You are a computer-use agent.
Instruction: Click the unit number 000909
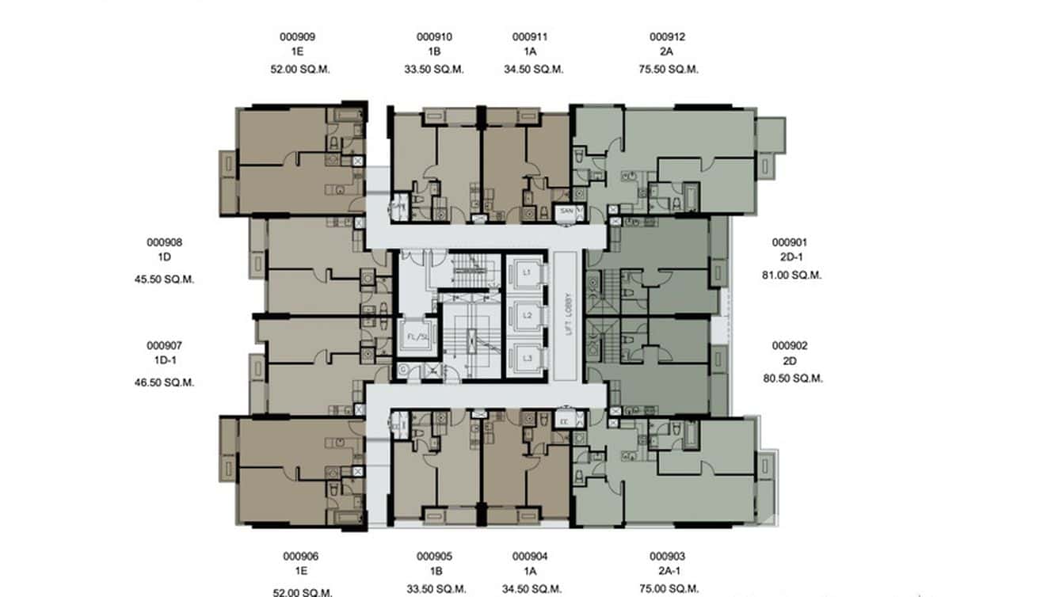[x=299, y=36]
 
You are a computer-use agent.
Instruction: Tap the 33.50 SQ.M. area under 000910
[x=434, y=69]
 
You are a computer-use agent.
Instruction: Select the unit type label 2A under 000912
[x=667, y=52]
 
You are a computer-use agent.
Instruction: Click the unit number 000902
[x=790, y=345]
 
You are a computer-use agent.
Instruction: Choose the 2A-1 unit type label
[x=667, y=572]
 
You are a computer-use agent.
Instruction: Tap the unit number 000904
[x=530, y=557]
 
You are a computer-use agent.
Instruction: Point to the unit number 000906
[x=300, y=557]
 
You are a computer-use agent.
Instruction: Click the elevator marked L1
[x=526, y=272]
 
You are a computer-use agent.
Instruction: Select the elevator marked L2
[x=526, y=315]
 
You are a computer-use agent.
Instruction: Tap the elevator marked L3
[x=526, y=359]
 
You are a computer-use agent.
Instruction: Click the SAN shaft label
[x=566, y=212]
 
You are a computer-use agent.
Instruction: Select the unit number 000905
[x=434, y=557]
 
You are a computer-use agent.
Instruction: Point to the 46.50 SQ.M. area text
[x=165, y=382]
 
